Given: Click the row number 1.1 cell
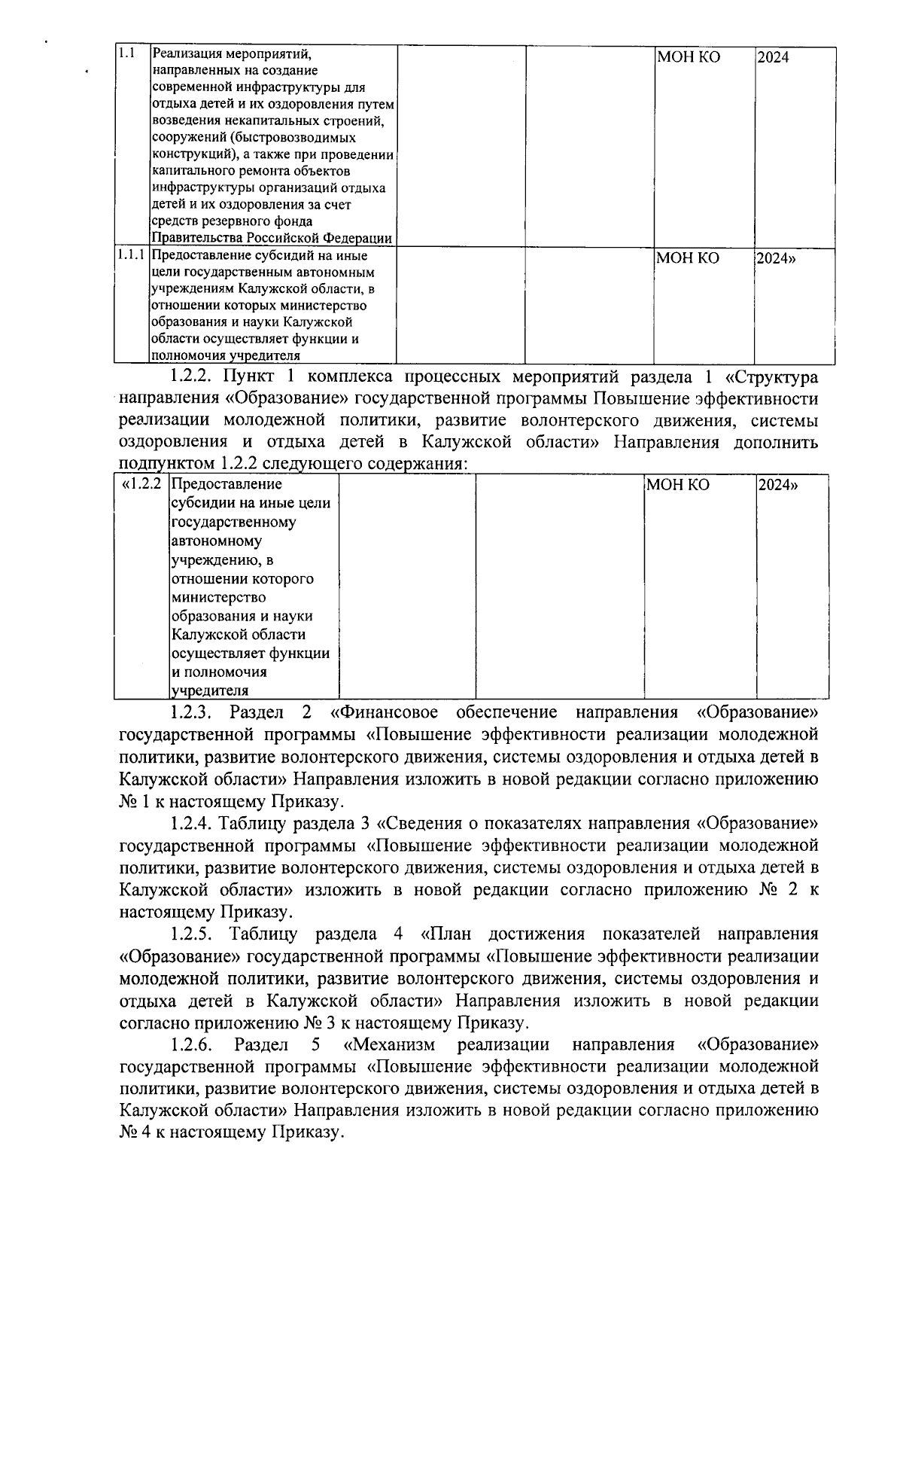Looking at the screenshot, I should pos(126,55).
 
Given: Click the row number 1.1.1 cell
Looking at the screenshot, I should pos(131,256).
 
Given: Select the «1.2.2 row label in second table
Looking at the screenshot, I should pos(141,484).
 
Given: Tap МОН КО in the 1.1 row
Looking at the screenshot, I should pos(688,57).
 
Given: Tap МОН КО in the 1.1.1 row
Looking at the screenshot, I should pos(688,258).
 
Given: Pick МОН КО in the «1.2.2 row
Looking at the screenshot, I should pos(677,485).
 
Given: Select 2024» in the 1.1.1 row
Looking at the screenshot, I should pos(777,258).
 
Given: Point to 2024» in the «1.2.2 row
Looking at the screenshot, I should pos(778,485).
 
